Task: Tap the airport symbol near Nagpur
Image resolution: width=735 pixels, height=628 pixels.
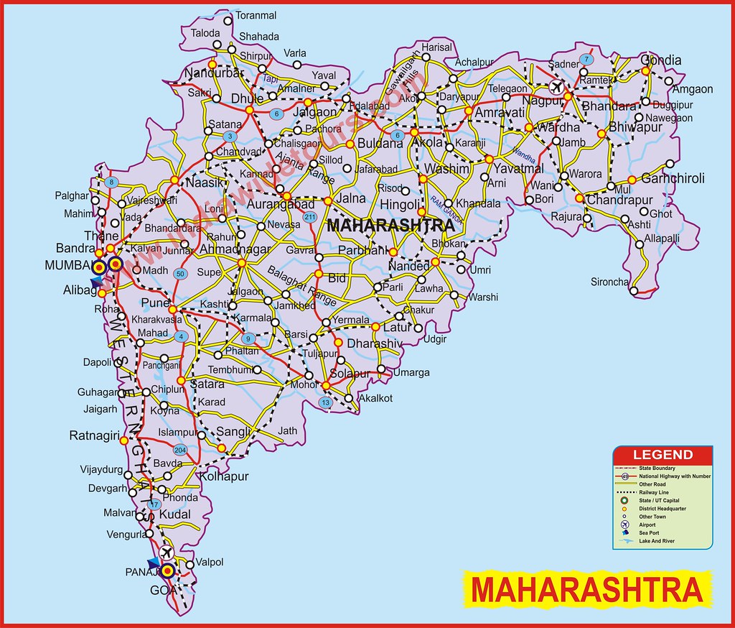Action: point(554,87)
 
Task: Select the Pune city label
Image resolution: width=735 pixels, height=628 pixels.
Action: point(155,303)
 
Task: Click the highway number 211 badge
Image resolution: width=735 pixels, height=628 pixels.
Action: point(309,217)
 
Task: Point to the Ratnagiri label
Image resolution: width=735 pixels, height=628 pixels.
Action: point(93,435)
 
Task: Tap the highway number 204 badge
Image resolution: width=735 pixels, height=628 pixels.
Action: point(180,450)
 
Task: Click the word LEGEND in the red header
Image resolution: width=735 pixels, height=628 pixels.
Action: point(663,455)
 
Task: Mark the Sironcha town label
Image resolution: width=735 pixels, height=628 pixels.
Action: point(609,282)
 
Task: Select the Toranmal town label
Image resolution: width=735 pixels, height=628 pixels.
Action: point(256,15)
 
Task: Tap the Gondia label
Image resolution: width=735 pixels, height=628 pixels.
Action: point(661,60)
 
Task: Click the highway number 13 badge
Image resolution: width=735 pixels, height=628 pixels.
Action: point(326,403)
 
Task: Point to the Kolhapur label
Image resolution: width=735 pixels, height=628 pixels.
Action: point(224,476)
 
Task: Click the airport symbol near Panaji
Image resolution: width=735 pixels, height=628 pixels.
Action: point(167,552)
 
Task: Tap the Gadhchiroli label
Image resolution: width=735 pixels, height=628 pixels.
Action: point(673,178)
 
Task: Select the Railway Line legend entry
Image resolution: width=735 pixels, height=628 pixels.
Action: point(656,492)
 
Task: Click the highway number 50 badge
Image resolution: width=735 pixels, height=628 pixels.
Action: point(181,274)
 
